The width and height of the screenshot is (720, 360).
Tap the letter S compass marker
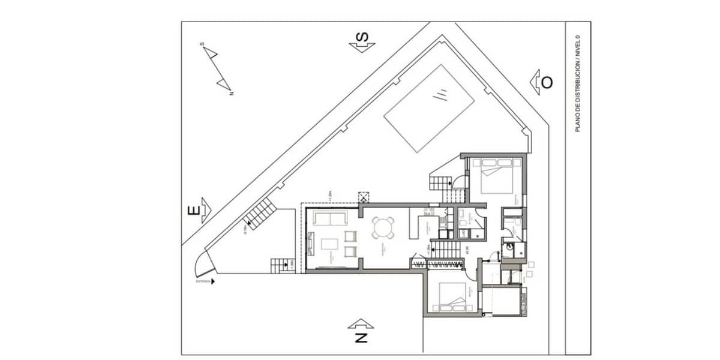pos(362,38)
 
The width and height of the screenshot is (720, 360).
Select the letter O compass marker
pos(547,82)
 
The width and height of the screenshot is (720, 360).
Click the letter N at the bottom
pos(361,338)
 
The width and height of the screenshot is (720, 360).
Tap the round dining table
pos(383,227)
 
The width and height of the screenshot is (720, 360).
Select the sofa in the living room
pos(329,218)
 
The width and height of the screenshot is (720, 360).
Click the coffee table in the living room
pos(331,244)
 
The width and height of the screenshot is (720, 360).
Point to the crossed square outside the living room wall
pos(364,197)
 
